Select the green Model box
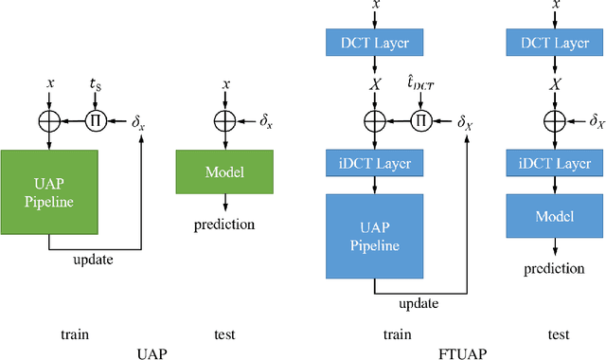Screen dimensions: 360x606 click(223, 172)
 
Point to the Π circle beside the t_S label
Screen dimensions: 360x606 click(94, 120)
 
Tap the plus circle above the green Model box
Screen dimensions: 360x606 click(223, 120)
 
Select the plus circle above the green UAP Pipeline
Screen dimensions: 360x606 click(50, 120)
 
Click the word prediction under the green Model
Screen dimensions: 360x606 click(223, 225)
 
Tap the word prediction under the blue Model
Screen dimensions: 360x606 click(555, 268)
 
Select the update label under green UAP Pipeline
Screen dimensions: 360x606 click(95, 260)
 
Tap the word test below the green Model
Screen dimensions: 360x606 click(224, 333)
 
